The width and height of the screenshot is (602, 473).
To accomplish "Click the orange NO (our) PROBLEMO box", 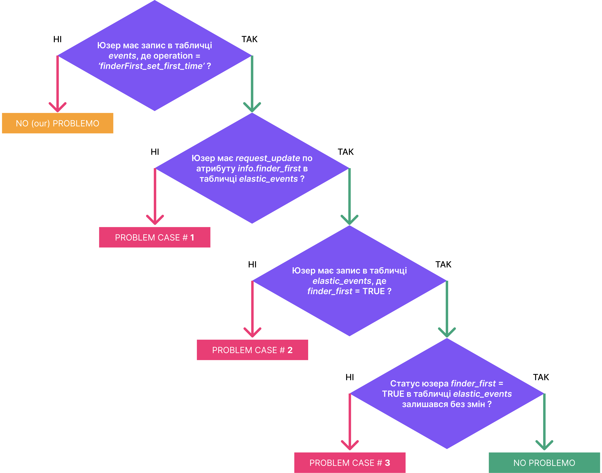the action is [x=58, y=123].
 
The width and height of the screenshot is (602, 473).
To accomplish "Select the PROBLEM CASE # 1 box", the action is [x=155, y=237].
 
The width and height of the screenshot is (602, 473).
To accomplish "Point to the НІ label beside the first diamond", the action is [x=58, y=39].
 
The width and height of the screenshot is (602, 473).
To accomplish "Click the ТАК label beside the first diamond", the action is [x=249, y=39].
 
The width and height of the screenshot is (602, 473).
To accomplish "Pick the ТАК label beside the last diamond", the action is [x=541, y=377].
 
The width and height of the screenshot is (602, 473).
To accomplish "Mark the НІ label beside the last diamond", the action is [x=350, y=377].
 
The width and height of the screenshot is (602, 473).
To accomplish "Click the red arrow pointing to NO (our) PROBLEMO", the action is [x=58, y=84].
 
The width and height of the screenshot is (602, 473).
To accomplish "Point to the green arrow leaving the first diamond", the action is [x=252, y=84].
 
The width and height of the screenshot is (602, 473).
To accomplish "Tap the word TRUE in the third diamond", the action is [x=374, y=291].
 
